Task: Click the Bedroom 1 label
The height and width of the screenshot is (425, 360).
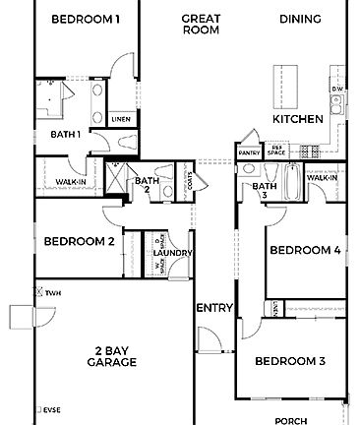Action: click(x=86, y=19)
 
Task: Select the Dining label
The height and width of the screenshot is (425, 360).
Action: click(x=300, y=19)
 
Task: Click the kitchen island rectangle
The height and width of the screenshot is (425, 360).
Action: click(x=283, y=83)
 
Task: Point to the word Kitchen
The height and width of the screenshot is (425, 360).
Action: click(x=298, y=119)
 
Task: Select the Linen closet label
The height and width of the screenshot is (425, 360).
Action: click(x=121, y=119)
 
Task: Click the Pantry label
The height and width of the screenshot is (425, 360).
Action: click(x=249, y=153)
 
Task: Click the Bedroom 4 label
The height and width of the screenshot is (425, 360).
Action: click(x=306, y=250)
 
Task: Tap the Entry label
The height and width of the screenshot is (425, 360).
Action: click(x=214, y=309)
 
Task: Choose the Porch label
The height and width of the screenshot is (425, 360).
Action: click(x=290, y=420)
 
